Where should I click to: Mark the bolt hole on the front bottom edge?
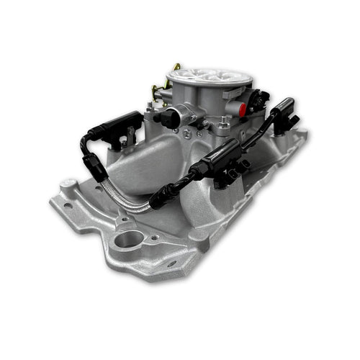171,264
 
